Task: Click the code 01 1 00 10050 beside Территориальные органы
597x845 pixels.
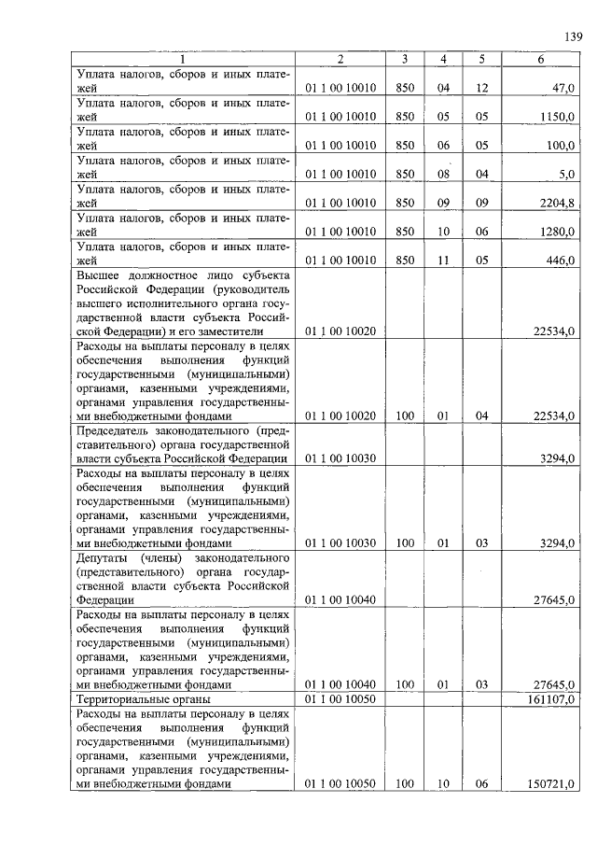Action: pyautogui.click(x=340, y=698)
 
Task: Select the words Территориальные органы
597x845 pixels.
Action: pyautogui.click(x=144, y=698)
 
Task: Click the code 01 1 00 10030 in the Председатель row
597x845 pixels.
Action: pyautogui.click(x=340, y=458)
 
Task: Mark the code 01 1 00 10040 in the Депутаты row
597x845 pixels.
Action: pyautogui.click(x=340, y=599)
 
